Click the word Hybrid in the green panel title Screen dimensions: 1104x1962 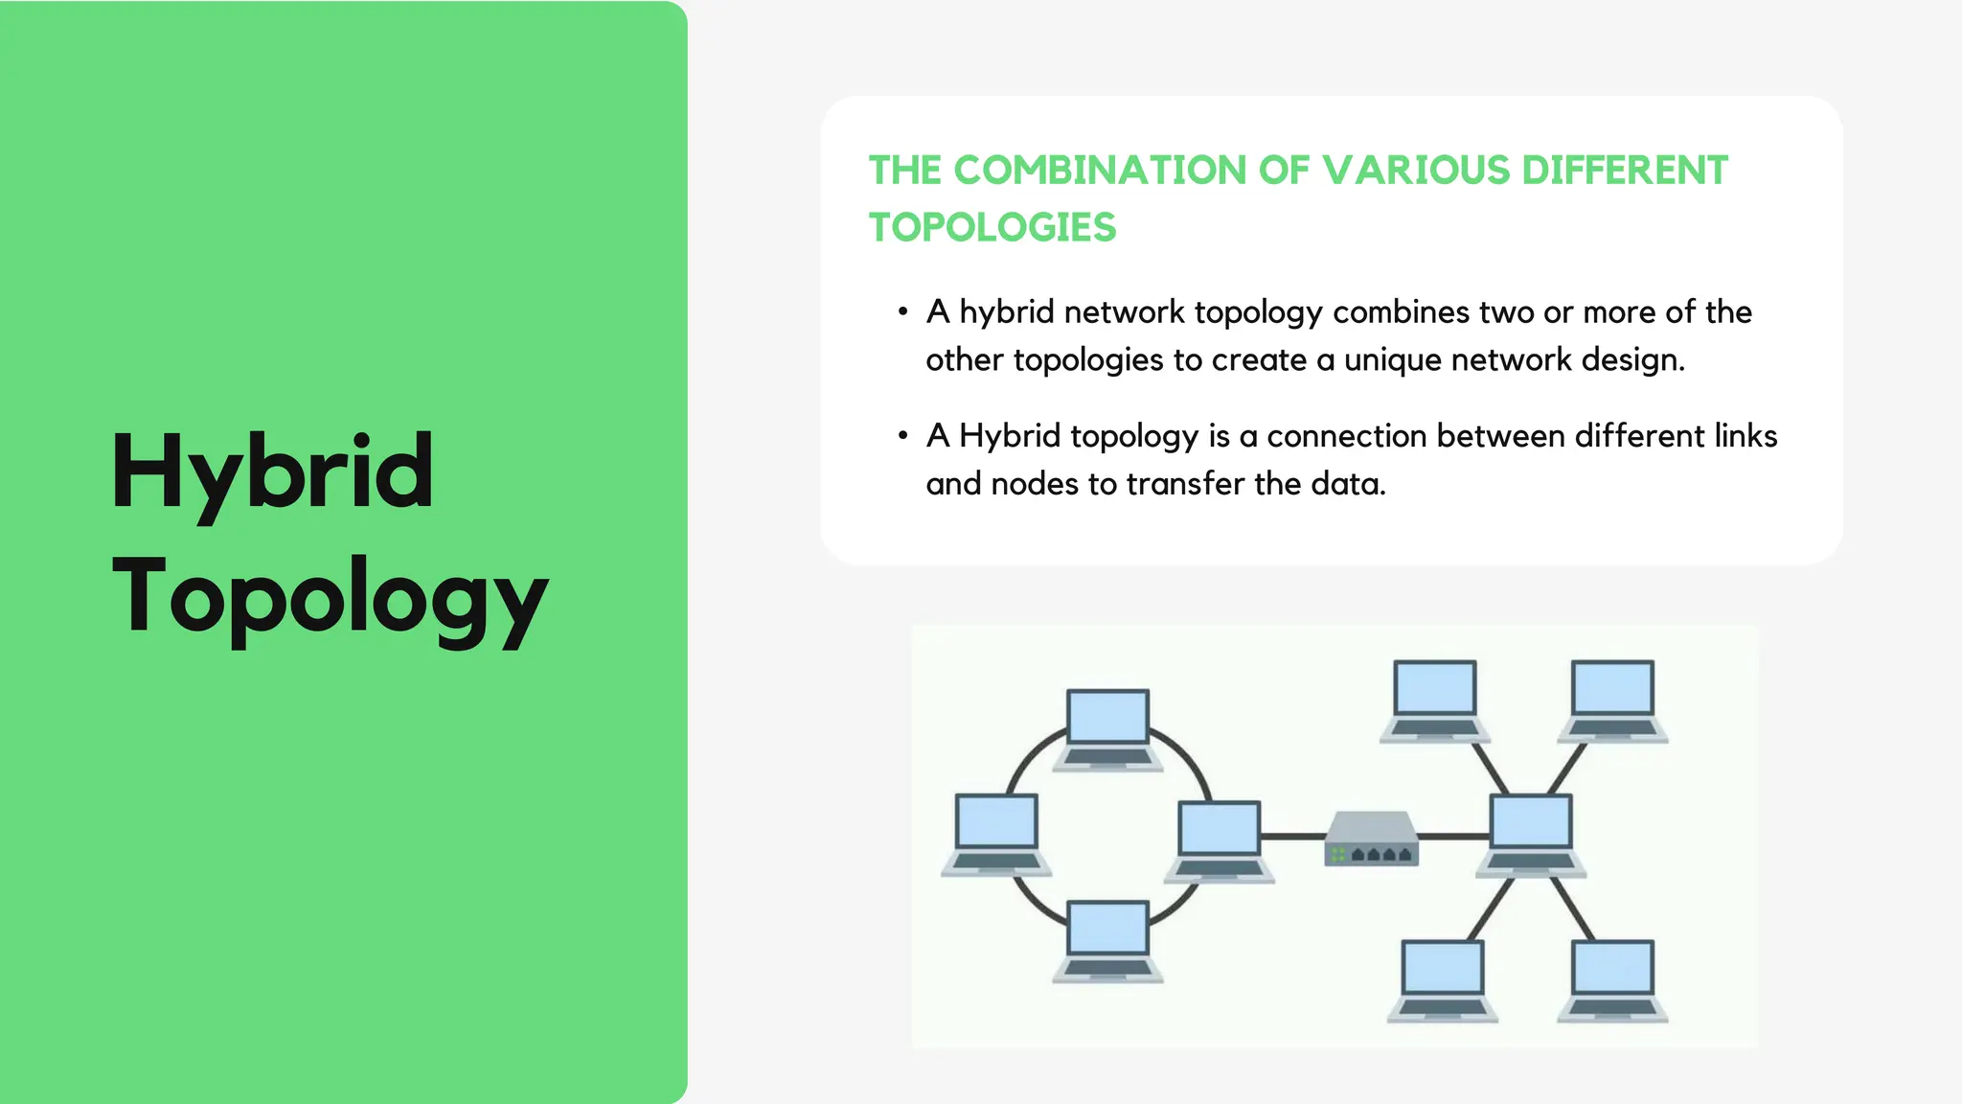273,471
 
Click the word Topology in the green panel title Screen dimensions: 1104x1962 330,596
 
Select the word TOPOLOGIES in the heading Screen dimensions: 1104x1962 992,228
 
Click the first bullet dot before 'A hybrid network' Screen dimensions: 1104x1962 902,311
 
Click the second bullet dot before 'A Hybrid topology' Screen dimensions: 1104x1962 902,435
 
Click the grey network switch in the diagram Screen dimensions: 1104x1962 1370,839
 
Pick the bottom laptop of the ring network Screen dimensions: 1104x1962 1107,940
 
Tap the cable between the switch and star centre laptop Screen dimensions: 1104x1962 1452,837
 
